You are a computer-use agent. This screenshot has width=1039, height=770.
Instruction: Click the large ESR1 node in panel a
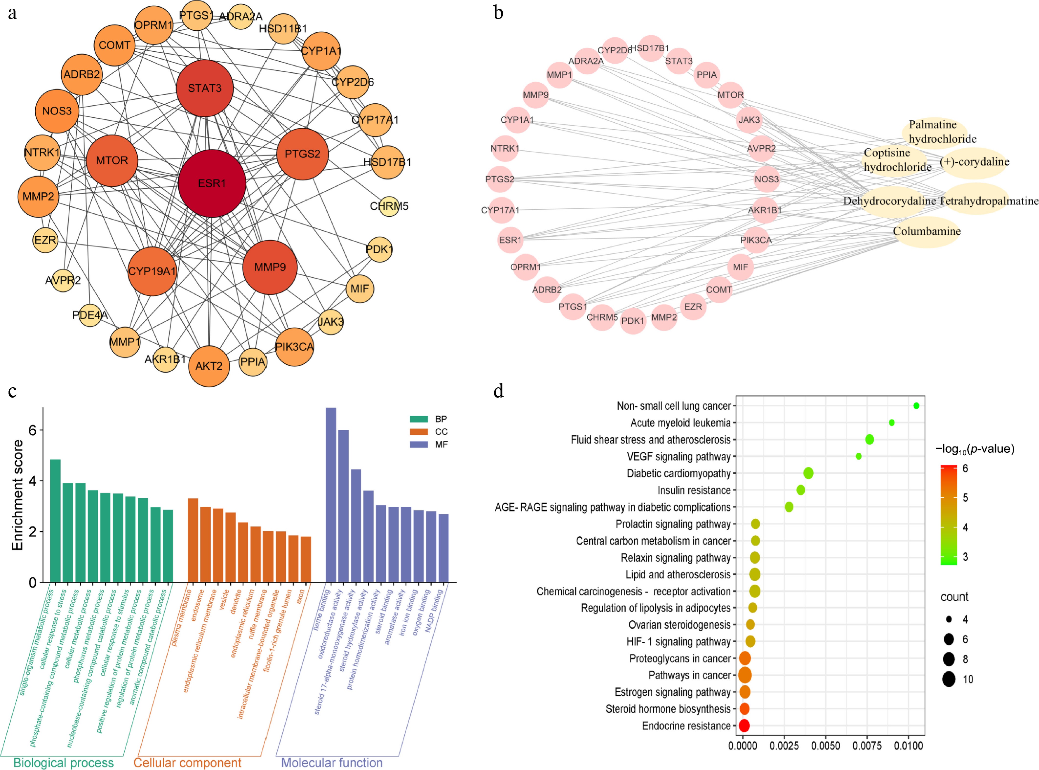212,183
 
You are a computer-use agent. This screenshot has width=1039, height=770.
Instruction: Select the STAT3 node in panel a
205,88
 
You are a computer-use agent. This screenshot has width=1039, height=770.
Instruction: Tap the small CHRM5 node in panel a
389,206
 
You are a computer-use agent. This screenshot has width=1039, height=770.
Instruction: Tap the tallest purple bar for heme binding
331,495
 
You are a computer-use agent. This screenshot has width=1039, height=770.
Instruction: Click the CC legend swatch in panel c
419,432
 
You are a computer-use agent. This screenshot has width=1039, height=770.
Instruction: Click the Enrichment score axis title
18,495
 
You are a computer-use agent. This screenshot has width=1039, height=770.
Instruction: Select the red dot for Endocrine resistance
744,726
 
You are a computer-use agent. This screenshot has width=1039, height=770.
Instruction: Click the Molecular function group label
332,763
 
